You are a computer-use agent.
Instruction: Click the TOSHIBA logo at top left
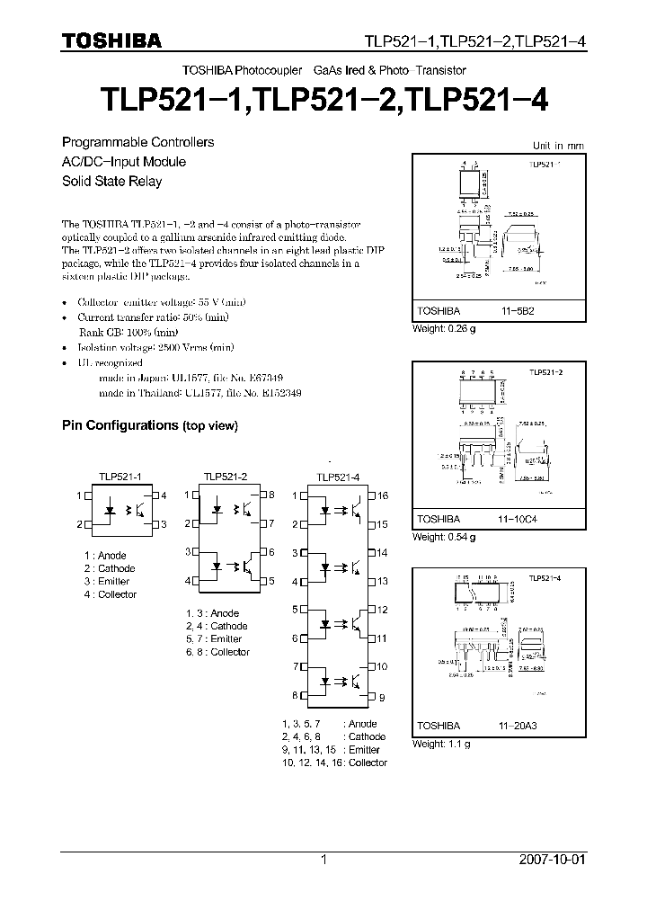[x=111, y=40]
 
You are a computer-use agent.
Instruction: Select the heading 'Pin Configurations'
[x=120, y=425]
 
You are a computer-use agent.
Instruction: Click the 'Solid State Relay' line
[x=111, y=181]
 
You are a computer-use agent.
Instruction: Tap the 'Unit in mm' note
[x=558, y=145]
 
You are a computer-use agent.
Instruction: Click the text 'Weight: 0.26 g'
[x=444, y=328]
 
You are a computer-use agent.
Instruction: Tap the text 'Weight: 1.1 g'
[x=440, y=744]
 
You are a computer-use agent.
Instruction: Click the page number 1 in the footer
[x=323, y=860]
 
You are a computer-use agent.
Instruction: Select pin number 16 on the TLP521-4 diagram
[x=382, y=495]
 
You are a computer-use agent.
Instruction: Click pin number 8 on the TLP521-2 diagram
[x=270, y=495]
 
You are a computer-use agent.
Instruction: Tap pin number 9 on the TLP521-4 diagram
[x=382, y=697]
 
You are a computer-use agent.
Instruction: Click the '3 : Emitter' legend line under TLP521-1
[x=107, y=581]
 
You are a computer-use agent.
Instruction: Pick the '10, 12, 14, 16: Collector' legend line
[x=333, y=763]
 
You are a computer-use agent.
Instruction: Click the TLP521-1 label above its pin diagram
[x=120, y=477]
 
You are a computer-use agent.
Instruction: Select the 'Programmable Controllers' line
[x=137, y=142]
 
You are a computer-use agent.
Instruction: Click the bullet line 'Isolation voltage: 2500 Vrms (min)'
[x=155, y=347]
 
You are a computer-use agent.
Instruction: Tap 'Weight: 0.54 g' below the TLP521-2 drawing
[x=444, y=537]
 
